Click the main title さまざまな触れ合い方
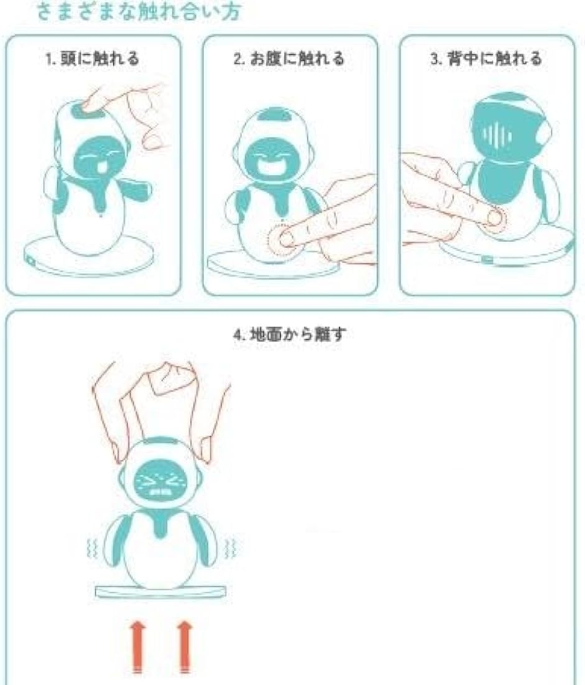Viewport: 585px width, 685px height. coord(138,12)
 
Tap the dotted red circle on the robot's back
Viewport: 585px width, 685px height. coord(496,218)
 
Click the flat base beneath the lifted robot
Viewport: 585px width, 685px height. coord(161,591)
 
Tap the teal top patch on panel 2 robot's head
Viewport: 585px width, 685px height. coord(277,116)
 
